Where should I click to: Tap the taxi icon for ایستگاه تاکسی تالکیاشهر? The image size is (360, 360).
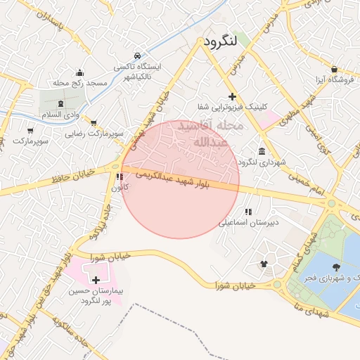point(137,56)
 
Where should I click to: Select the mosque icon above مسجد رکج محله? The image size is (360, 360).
point(79,72)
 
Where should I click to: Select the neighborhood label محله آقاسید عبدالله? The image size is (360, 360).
point(210,134)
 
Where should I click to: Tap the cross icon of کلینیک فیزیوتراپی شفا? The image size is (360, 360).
point(233,96)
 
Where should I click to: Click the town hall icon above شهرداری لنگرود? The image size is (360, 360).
point(262,152)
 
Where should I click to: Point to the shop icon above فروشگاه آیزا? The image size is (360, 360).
point(333,69)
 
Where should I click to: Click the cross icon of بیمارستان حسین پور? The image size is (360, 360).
point(96,280)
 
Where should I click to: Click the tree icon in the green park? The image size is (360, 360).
point(335,266)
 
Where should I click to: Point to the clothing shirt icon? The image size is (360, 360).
point(264,264)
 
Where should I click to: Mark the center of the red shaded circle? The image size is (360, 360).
point(181,179)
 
